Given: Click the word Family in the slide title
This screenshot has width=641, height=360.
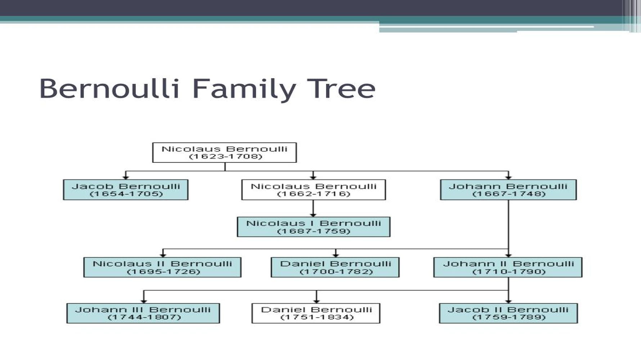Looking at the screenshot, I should [x=244, y=89].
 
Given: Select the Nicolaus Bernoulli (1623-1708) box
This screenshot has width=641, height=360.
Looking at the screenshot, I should [x=224, y=153].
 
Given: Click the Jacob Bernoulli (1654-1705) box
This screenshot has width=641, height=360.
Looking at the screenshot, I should [x=126, y=190].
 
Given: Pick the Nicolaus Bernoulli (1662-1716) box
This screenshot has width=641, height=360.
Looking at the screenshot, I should [x=313, y=190].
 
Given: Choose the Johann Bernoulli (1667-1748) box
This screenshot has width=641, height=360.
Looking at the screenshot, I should [x=508, y=190].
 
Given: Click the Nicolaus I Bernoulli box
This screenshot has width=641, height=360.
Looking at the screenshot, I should [x=313, y=227].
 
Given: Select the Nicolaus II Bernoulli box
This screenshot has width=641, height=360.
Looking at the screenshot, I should [x=162, y=267].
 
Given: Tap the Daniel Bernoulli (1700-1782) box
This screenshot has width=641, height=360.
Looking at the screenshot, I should [x=335, y=267].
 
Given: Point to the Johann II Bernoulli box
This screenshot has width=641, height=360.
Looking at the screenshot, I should [x=508, y=267].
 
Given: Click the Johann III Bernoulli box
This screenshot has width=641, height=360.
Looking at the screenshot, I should [x=143, y=313].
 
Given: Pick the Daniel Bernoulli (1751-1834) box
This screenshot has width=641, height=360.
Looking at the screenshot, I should [x=316, y=313].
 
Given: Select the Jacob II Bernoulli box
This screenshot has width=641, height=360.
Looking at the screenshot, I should [x=508, y=313].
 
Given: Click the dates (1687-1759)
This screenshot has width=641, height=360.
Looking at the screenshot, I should [x=313, y=231].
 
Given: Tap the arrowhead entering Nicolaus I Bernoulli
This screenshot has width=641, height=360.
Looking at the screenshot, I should [x=313, y=215].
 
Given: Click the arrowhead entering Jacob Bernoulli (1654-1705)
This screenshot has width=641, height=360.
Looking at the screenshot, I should [x=126, y=177].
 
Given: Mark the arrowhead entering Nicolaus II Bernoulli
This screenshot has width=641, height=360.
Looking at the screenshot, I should [x=163, y=255].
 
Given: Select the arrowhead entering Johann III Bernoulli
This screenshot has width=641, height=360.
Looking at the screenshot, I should [x=144, y=301].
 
